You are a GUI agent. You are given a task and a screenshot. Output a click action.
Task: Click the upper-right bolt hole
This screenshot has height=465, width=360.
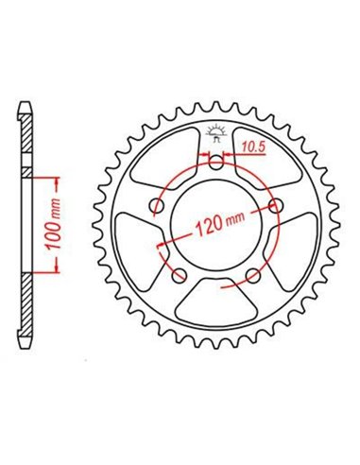pos(275,205)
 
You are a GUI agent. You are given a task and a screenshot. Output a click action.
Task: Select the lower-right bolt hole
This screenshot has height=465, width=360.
pos(252,275)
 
